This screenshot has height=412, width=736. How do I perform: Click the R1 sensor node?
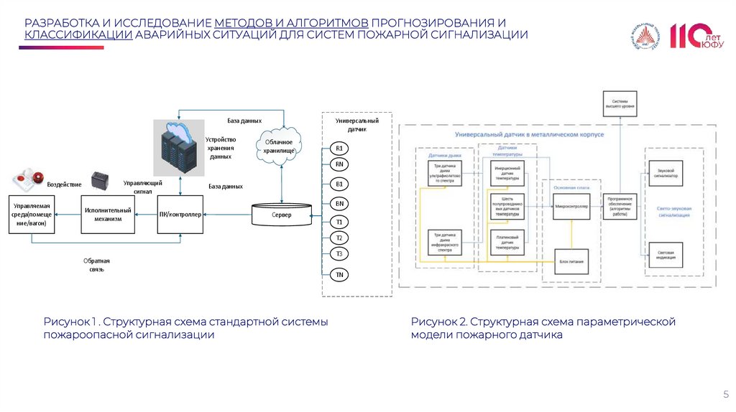339,149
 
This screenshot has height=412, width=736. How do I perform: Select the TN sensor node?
339,274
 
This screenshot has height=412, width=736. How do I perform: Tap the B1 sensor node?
339,184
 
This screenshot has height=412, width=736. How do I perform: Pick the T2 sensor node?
339,238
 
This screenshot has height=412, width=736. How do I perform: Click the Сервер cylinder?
281,215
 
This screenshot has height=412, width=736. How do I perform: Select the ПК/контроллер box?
180,214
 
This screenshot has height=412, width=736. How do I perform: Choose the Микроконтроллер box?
571,206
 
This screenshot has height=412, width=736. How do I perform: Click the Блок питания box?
571,261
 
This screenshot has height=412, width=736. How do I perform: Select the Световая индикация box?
666,254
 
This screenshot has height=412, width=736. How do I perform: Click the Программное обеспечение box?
619,206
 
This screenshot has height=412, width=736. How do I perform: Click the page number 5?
725,394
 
